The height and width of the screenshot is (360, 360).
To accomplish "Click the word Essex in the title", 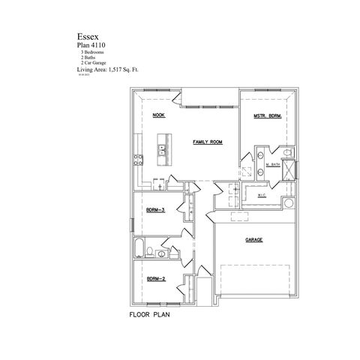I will click(85, 35).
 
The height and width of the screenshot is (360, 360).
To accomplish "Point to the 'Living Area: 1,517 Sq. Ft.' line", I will click(108, 68).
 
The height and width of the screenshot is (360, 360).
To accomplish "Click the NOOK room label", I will click(158, 115).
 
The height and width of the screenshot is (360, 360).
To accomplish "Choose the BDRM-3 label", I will click(155, 210).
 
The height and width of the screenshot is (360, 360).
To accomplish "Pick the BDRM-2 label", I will click(155, 278).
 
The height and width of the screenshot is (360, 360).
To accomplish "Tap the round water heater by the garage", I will click(289, 204).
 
